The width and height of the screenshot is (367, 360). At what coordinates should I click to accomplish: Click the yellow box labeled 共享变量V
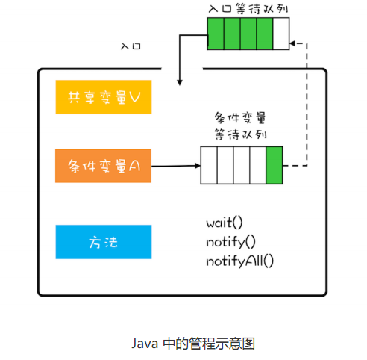(103, 98)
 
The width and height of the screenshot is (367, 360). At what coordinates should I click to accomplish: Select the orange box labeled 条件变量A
(103, 166)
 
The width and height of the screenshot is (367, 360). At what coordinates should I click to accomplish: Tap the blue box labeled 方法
(103, 242)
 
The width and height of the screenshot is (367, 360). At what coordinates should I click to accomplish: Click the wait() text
(225, 223)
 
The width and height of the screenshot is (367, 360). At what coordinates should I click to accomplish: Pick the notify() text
(230, 241)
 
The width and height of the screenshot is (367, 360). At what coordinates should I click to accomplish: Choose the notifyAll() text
(239, 260)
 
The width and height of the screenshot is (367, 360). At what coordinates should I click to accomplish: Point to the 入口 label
(131, 46)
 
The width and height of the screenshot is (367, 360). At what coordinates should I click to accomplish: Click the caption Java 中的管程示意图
(193, 343)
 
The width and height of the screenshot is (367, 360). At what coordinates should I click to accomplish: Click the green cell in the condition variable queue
(274, 165)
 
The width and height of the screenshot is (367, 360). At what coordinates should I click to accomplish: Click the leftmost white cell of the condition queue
(208, 165)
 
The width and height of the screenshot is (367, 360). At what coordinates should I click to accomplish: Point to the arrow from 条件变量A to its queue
(175, 166)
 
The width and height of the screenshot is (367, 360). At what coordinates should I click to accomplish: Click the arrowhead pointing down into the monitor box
(179, 79)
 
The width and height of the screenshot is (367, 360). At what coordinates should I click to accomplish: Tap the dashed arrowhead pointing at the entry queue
(293, 43)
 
